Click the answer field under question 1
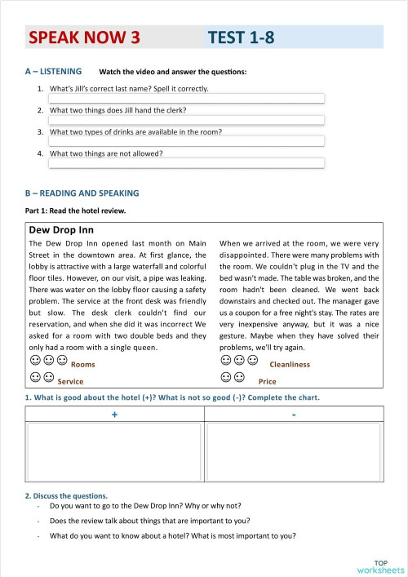(187, 99)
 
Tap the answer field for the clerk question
(187, 120)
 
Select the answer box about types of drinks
(187, 141)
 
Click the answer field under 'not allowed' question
(187, 162)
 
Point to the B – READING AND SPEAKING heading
(82, 193)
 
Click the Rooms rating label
(83, 364)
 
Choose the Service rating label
(71, 381)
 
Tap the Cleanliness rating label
(290, 364)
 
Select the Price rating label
(267, 381)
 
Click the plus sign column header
(115, 415)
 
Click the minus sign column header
(293, 415)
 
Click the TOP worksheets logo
(380, 566)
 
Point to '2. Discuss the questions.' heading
(66, 495)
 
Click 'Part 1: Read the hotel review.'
(76, 211)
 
